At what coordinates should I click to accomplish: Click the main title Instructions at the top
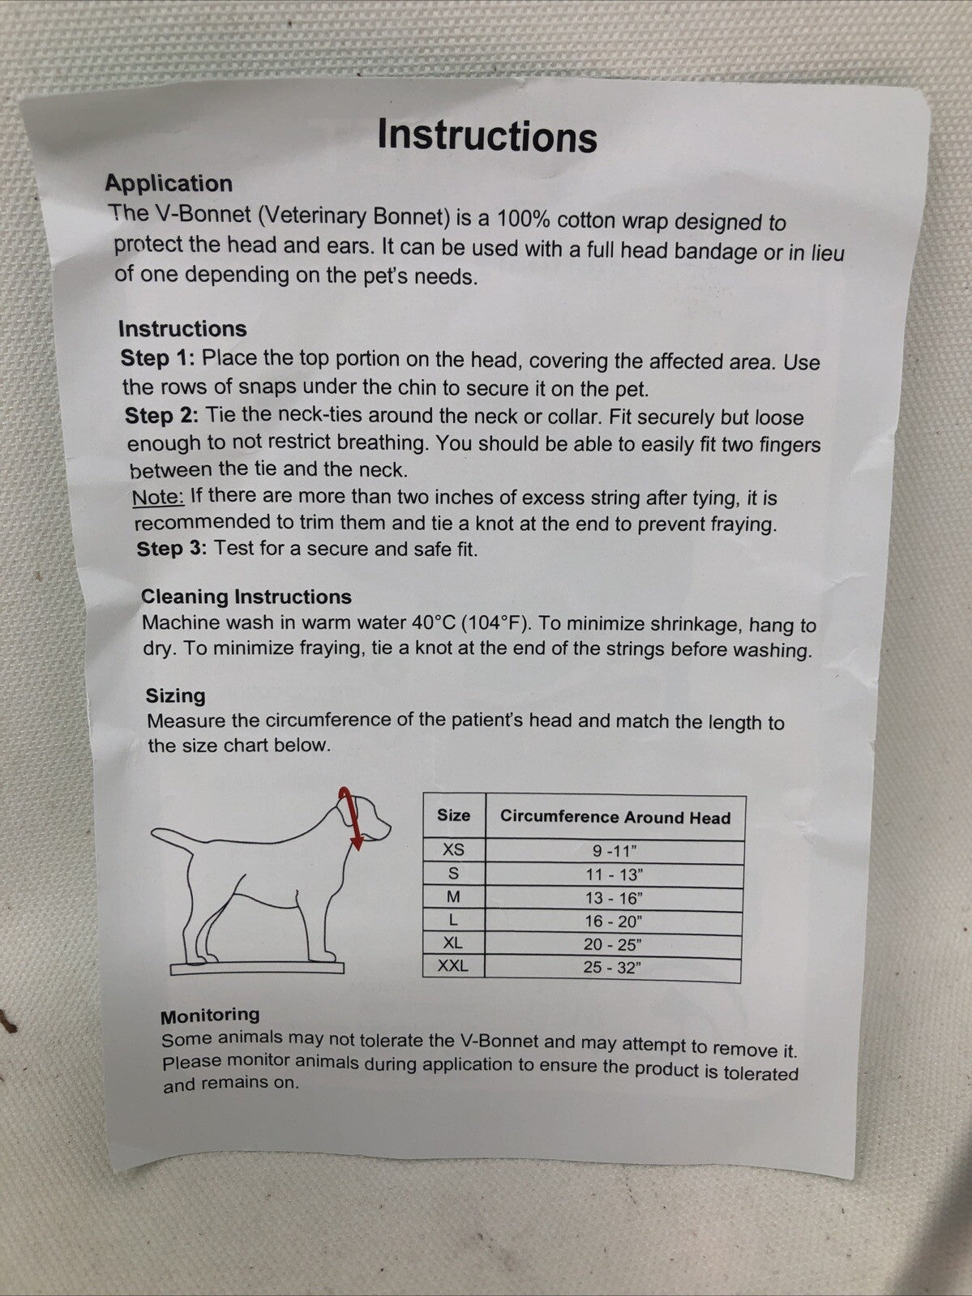tap(487, 135)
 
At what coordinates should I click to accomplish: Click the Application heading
tap(169, 183)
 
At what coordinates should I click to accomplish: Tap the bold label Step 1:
tap(157, 357)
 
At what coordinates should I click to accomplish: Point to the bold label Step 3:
tap(171, 549)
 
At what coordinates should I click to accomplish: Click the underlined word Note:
tap(158, 497)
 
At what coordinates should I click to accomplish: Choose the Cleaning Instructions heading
tap(246, 597)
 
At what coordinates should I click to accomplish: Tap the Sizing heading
tap(175, 695)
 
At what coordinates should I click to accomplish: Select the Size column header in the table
tap(453, 815)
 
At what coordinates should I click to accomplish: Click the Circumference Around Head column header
tap(615, 817)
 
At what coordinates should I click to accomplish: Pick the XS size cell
tap(453, 849)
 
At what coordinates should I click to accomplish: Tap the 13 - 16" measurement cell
tap(614, 898)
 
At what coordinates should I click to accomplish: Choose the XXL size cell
tap(453, 966)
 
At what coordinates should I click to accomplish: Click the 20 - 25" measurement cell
tap(613, 945)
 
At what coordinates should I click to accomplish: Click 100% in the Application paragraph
tap(524, 219)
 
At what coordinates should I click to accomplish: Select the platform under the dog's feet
tap(257, 969)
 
